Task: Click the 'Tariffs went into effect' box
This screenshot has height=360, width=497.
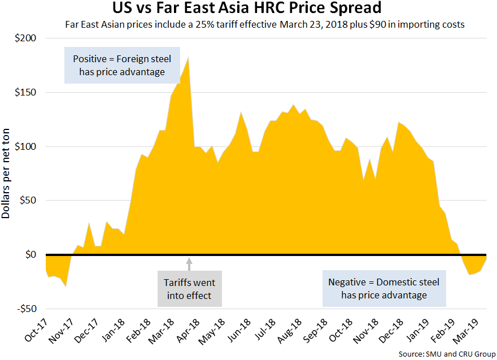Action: click(x=189, y=288)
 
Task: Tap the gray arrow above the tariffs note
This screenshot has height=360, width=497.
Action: click(x=189, y=262)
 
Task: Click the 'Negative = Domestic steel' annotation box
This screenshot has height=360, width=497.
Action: click(x=384, y=288)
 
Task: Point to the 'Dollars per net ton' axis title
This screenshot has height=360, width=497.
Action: click(x=7, y=172)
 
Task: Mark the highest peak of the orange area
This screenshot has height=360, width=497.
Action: click(x=188, y=57)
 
